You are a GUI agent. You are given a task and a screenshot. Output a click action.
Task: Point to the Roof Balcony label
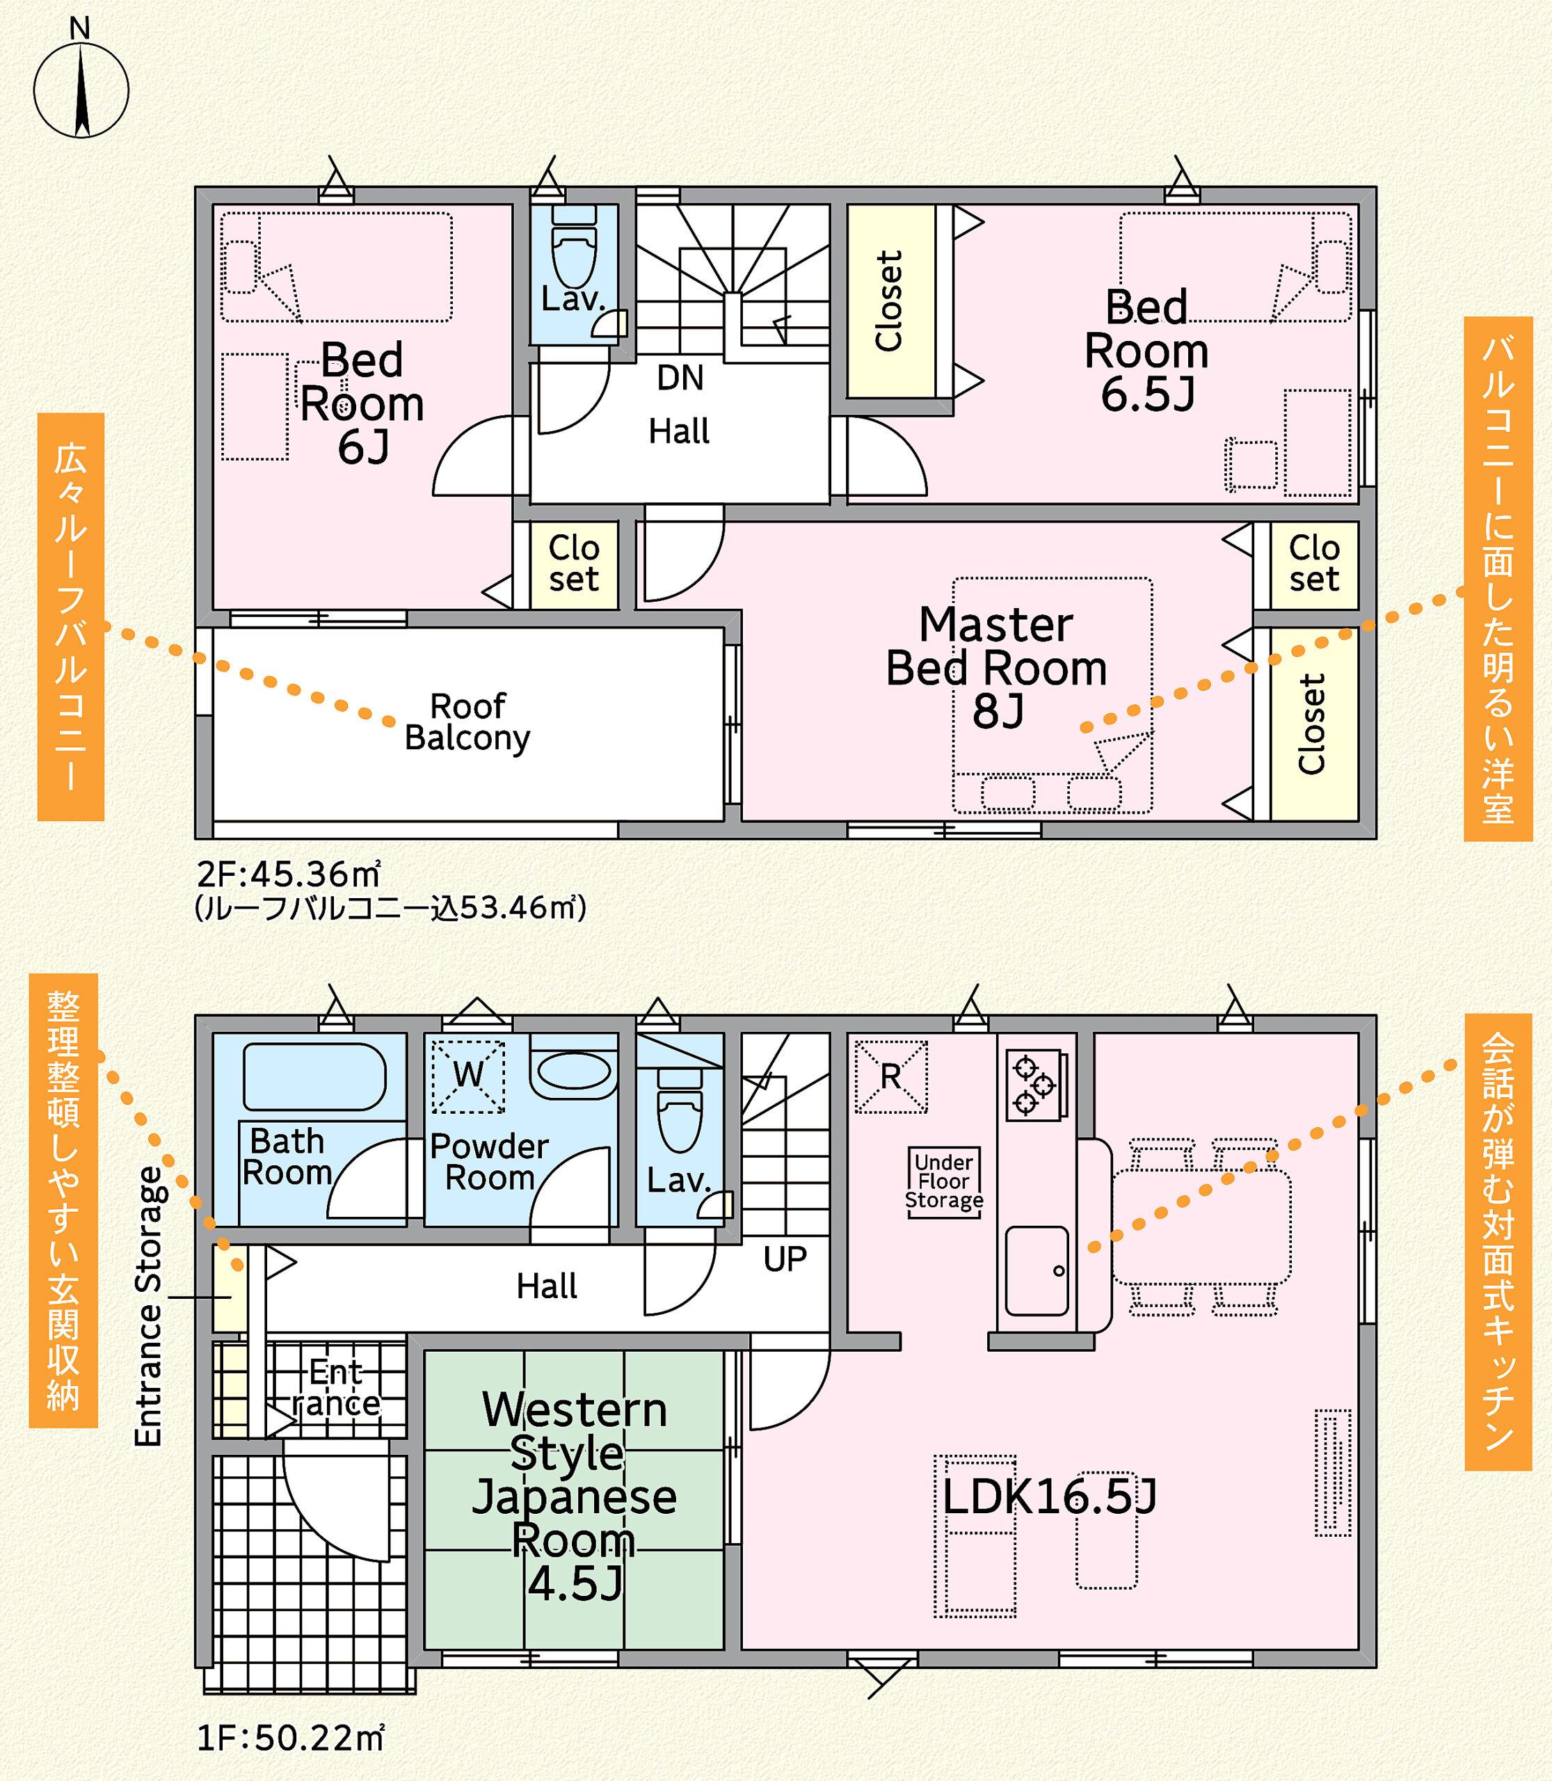click(x=467, y=721)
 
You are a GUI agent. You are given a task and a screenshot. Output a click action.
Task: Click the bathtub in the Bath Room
click(x=314, y=1077)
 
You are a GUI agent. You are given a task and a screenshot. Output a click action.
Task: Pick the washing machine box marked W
click(x=469, y=1076)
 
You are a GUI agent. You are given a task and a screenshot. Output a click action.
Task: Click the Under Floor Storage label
click(x=944, y=1181)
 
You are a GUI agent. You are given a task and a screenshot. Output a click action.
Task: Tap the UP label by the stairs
click(x=785, y=1259)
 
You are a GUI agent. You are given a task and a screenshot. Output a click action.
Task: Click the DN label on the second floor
click(x=680, y=378)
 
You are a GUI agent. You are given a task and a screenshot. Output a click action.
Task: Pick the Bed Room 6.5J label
click(x=1146, y=351)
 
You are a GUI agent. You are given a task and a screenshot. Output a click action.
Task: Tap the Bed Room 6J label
click(x=362, y=404)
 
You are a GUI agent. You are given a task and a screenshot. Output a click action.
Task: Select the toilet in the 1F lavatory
click(x=680, y=1110)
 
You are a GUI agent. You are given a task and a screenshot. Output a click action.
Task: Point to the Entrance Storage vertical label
click(x=149, y=1307)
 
